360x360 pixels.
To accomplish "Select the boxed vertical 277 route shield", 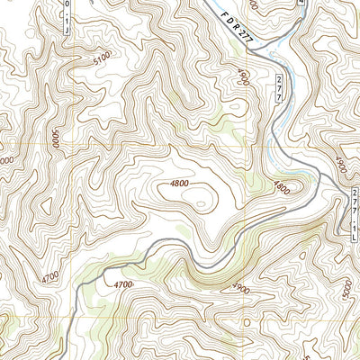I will (x=279, y=88).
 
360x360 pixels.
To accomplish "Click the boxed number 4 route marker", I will (x=301, y=4).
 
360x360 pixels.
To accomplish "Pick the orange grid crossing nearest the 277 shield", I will (x=247, y=146).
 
